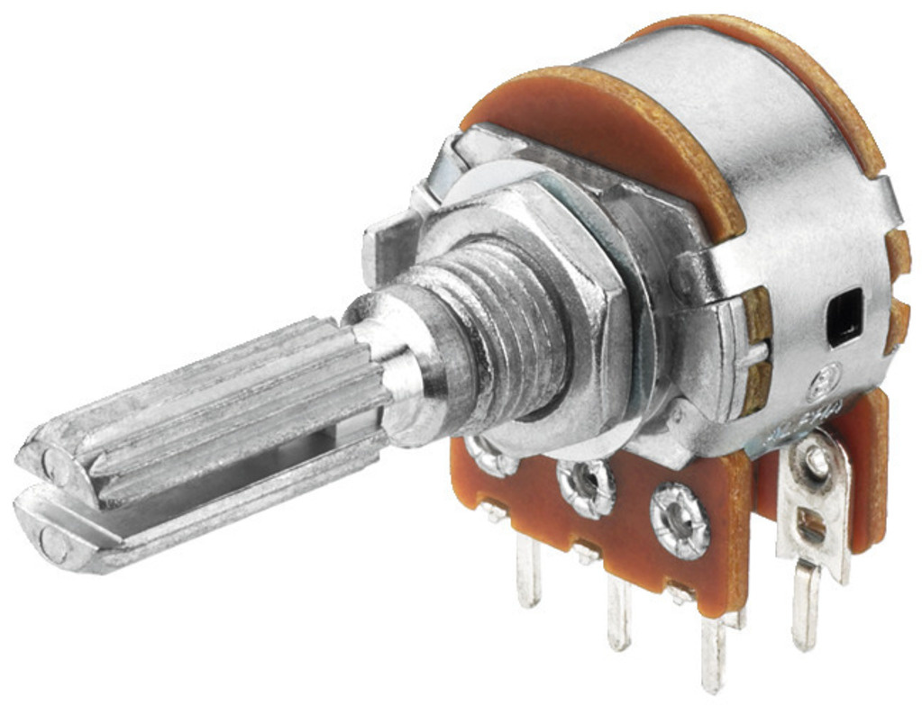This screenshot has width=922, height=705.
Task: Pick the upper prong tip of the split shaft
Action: (50, 464)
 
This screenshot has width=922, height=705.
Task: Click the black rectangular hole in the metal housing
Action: (844, 317)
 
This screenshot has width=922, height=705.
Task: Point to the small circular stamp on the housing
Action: (824, 384)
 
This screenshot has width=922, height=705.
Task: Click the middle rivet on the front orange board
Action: (586, 487)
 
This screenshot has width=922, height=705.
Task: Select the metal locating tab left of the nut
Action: (388, 239)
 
